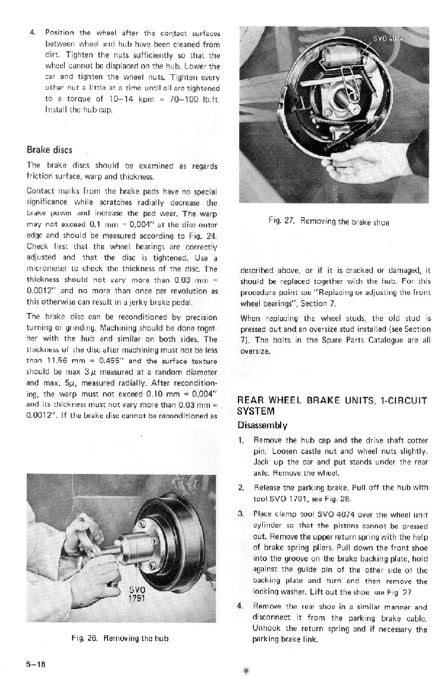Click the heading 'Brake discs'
50,149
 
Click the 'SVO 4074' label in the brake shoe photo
388,38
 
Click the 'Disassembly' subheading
263,425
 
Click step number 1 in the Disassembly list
241,441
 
